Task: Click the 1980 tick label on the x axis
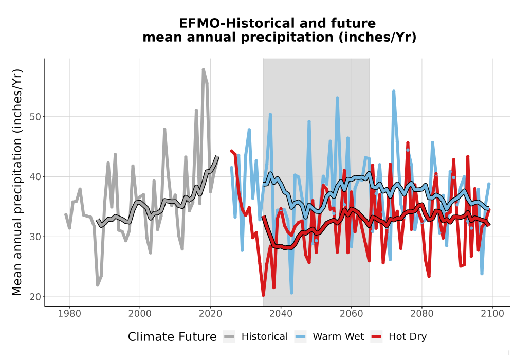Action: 69,314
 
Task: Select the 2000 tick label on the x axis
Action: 140,314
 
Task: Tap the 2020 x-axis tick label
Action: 210,314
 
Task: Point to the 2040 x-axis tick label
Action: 281,314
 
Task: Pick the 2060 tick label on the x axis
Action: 351,314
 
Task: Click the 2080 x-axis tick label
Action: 421,314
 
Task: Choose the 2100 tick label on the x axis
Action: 492,314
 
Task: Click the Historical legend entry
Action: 255,337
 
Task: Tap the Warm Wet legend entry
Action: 329,337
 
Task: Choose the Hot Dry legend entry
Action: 399,337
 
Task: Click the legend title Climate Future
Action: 172,337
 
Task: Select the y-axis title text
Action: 17,182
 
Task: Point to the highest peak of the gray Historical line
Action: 203,69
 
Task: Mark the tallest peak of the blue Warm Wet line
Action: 394,91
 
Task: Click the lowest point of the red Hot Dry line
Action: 263,295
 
